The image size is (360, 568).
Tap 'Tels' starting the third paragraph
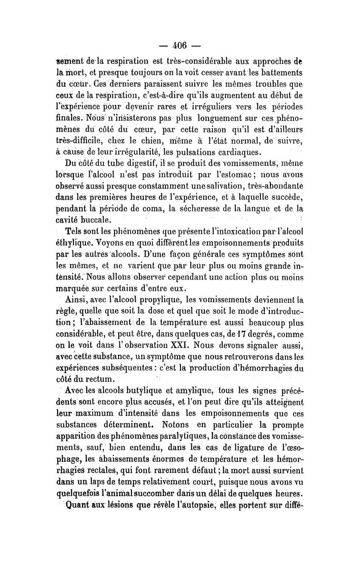click(x=73, y=231)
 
